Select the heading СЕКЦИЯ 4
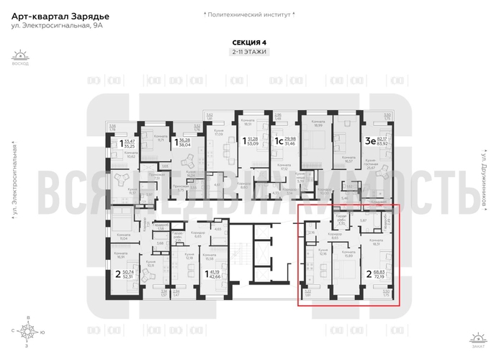pos(249,42)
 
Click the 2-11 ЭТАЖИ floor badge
pos(249,53)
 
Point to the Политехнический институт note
pos(249,14)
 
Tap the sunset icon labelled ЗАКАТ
pos(477,336)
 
